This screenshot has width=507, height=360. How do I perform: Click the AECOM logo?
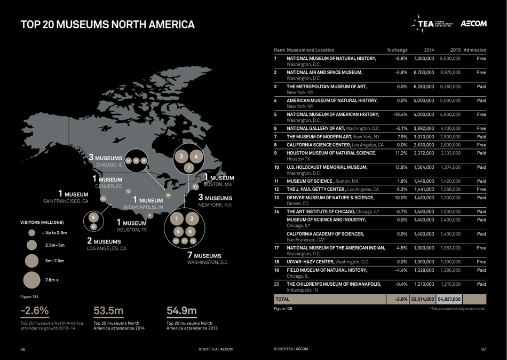(473, 24)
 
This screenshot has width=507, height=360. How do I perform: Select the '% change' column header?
(397, 50)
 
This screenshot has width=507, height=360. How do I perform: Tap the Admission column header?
(474, 50)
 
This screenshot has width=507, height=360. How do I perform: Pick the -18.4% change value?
(400, 114)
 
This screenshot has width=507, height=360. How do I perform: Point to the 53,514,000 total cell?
(422, 300)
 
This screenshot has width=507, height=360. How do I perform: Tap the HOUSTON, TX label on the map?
(131, 230)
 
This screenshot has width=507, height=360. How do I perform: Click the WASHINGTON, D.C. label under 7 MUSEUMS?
(208, 263)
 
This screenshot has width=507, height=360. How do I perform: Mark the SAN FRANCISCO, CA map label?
(66, 201)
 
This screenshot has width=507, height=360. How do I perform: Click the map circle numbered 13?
(128, 191)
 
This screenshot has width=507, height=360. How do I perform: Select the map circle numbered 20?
(168, 195)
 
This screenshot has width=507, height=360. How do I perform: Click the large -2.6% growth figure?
(35, 311)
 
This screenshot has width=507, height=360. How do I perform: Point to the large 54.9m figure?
(181, 311)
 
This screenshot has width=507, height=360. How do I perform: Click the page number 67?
(483, 349)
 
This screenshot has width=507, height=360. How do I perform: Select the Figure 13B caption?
(283, 309)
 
